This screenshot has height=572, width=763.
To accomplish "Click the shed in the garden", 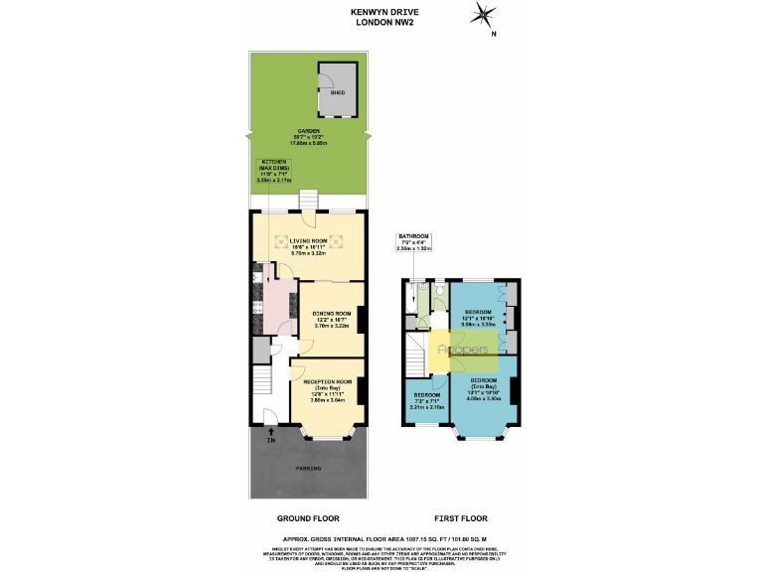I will pos(336,88).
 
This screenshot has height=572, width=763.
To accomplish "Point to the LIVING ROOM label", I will pos(308,245).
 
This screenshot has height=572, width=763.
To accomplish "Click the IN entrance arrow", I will pos(270,433).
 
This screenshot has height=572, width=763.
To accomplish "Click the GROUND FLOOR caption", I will pos(307,518).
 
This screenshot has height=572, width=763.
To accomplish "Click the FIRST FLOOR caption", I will pos(461,518).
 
